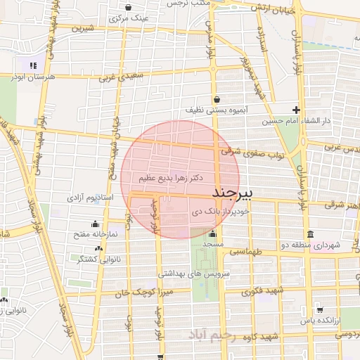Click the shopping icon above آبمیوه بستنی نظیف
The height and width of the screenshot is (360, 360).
click(x=215, y=99)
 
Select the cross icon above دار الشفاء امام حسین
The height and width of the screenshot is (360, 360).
click(x=297, y=110)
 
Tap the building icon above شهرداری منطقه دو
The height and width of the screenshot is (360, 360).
click(x=309, y=234)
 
